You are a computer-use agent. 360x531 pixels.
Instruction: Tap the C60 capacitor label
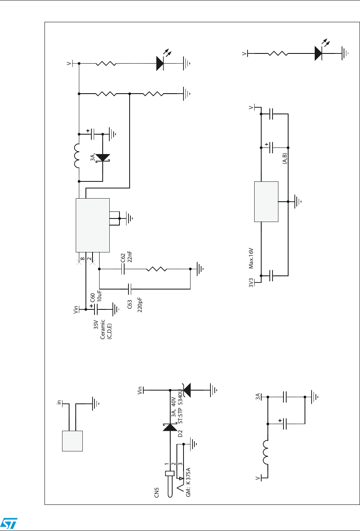[93, 298]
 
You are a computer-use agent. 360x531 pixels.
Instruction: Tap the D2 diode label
[180, 433]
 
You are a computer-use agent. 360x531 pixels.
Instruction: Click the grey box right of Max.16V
[266, 201]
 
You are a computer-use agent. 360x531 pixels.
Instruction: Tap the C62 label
[124, 258]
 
